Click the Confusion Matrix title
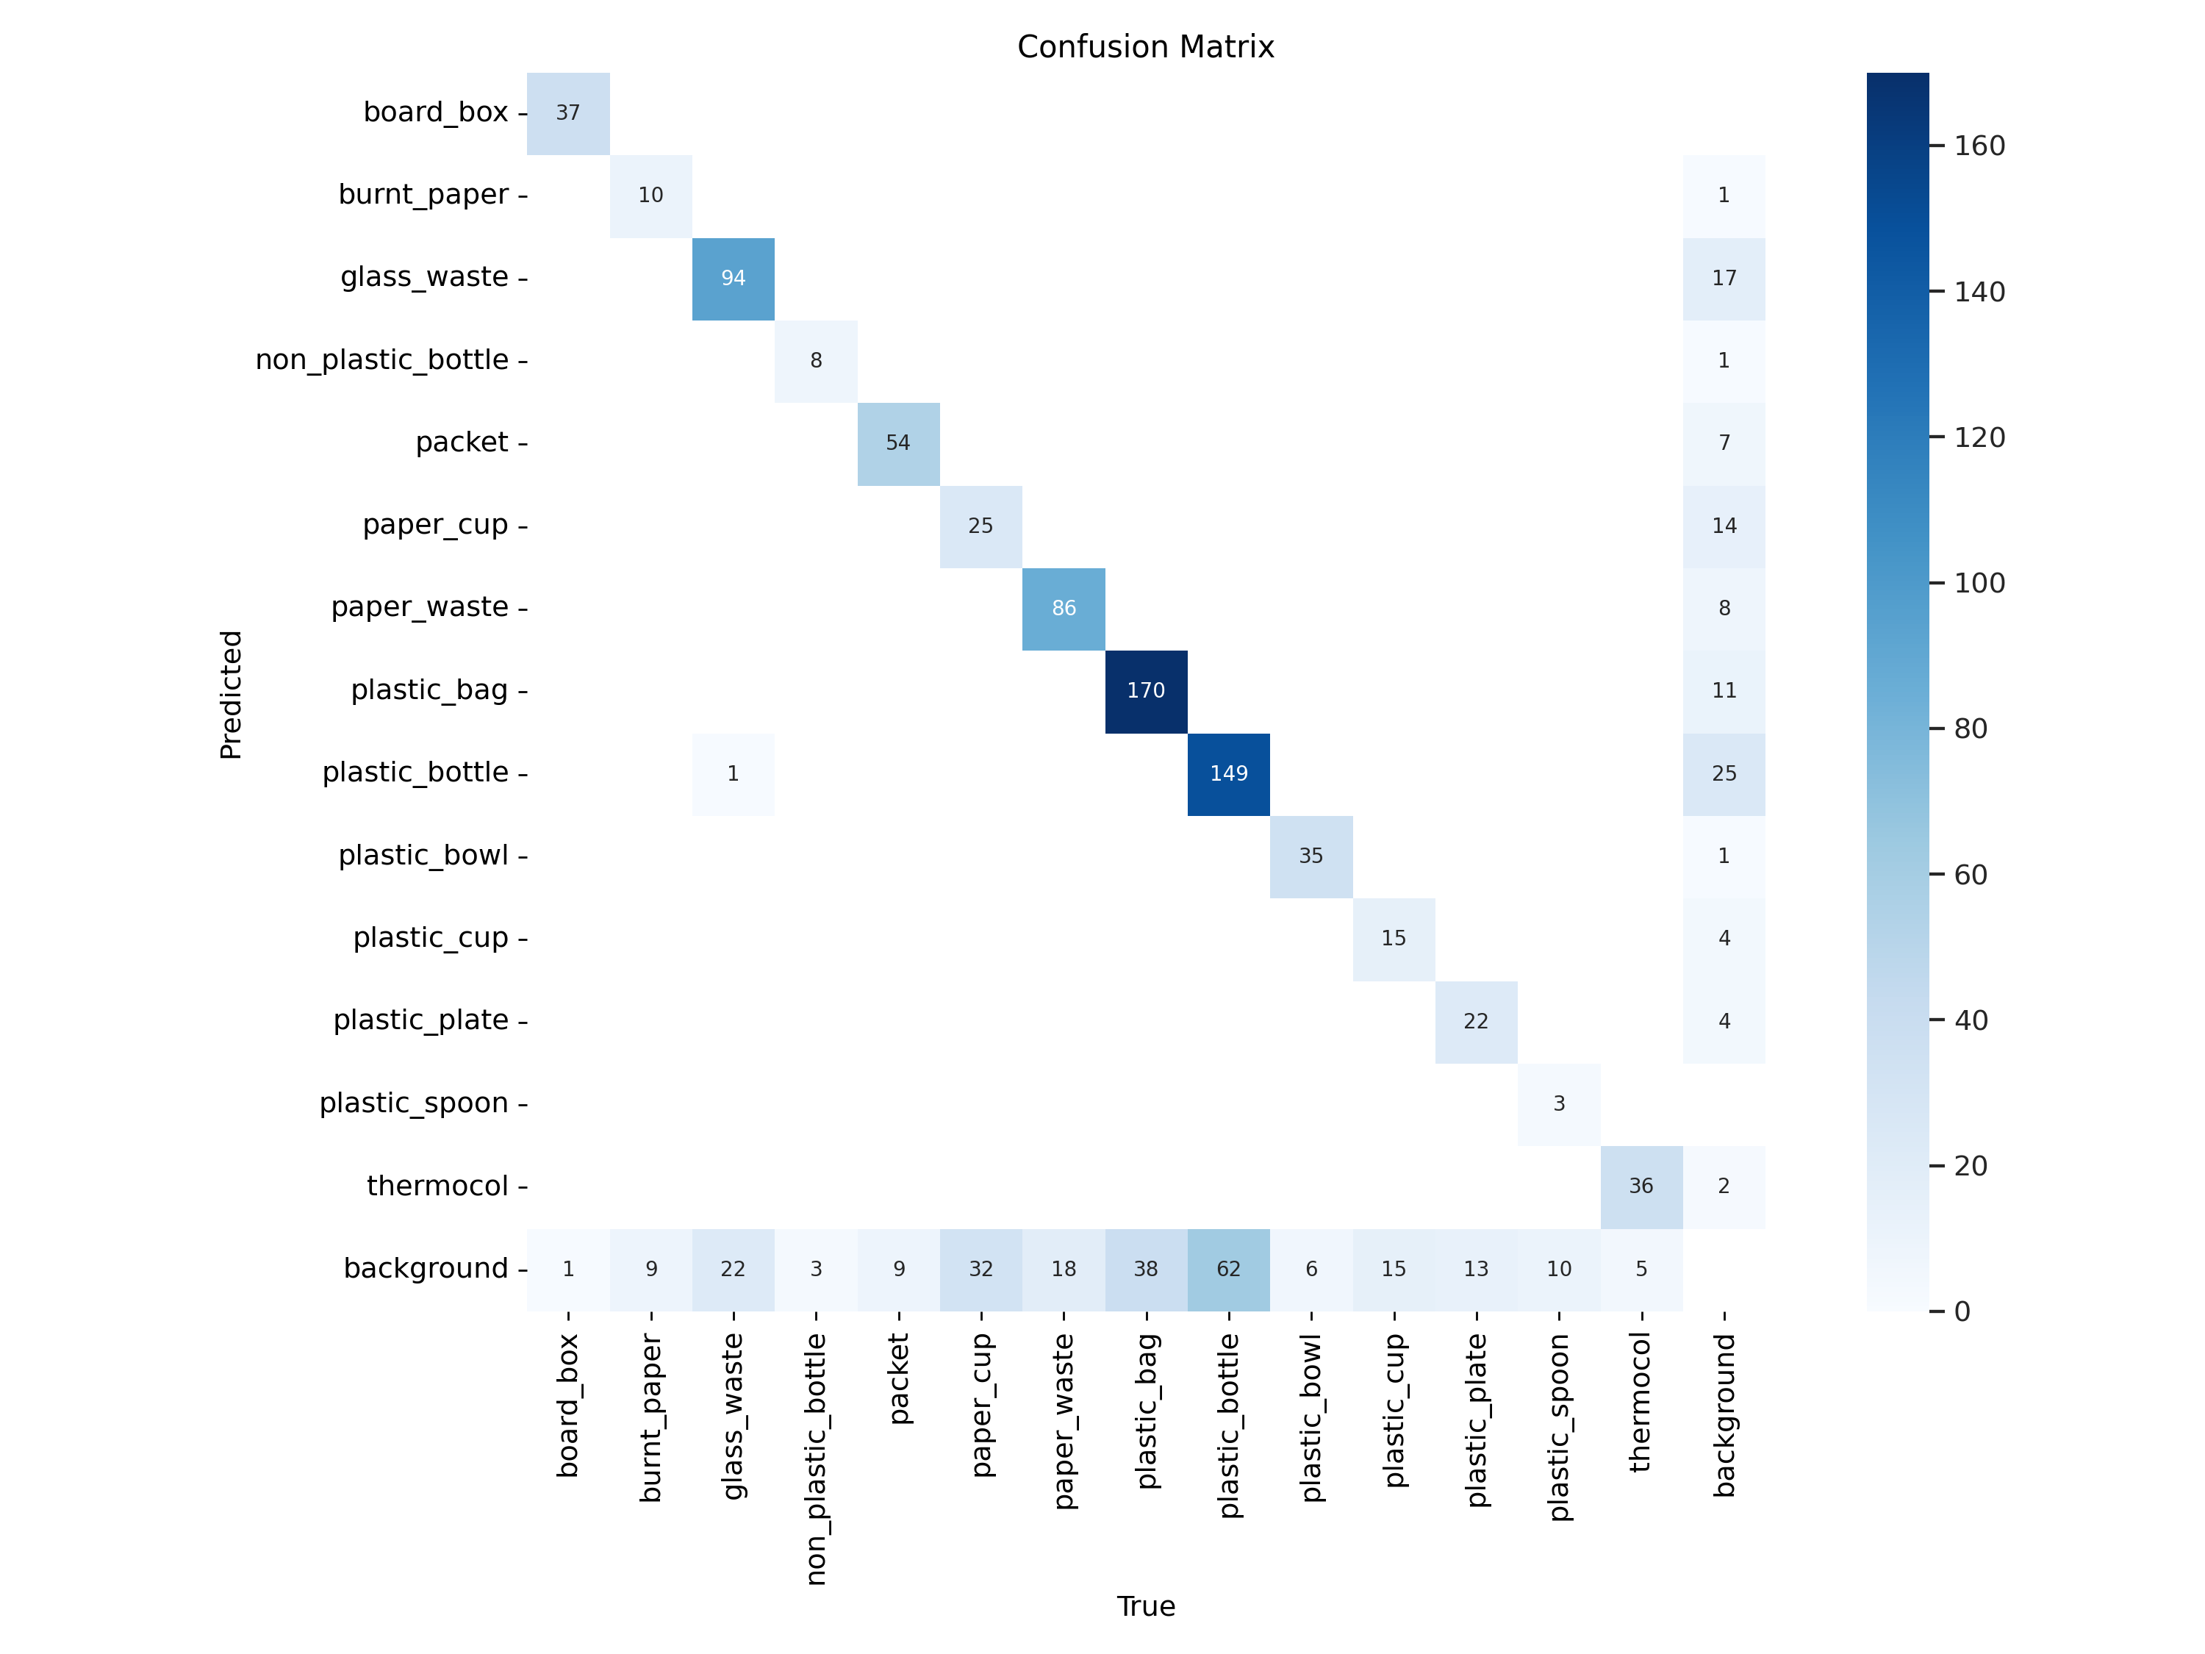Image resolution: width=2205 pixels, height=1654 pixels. tap(1145, 47)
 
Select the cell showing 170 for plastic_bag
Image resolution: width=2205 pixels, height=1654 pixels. tap(1145, 691)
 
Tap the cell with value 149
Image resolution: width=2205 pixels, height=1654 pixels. tap(1228, 773)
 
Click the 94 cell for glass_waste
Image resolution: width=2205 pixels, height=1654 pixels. tap(733, 278)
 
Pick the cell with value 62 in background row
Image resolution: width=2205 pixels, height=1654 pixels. tap(1228, 1269)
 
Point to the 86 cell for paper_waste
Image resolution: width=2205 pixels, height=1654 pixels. tap(1064, 608)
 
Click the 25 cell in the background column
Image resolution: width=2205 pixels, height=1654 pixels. tap(1724, 773)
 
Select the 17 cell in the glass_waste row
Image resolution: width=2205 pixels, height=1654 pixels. tap(1724, 278)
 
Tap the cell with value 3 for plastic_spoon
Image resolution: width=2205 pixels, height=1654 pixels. tap(1559, 1103)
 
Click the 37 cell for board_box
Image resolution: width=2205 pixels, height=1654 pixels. tap(568, 112)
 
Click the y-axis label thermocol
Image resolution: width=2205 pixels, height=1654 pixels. tap(437, 1186)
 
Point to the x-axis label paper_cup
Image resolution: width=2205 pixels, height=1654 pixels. tap(982, 1405)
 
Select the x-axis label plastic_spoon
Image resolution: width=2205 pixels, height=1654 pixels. tap(1559, 1427)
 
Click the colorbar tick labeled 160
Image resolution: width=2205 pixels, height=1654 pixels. tap(1979, 146)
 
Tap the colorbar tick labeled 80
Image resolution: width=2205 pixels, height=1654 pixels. tap(1970, 728)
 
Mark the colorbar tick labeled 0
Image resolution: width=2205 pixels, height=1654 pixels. tap(1961, 1311)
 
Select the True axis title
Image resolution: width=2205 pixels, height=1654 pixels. tap(1145, 1606)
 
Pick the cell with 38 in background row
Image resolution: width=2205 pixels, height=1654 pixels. tap(1145, 1269)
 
